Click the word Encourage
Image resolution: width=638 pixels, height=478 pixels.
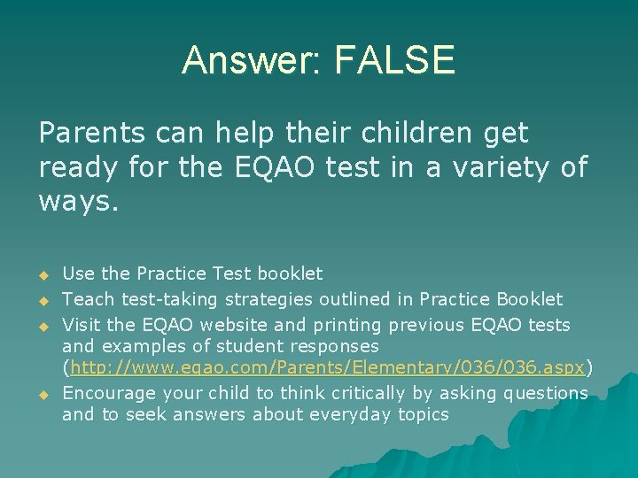(109, 393)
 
